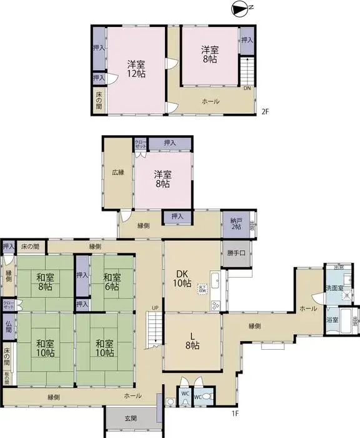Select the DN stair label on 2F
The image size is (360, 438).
point(247,88)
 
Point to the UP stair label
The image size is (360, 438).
point(154,307)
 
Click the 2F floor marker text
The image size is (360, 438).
point(265,113)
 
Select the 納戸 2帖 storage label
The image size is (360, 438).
point(236,223)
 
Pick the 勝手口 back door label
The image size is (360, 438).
point(236,253)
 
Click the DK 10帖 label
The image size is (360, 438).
point(182,278)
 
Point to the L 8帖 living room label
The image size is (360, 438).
point(192,340)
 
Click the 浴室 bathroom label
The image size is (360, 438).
point(332,320)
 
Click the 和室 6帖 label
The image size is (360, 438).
point(112,282)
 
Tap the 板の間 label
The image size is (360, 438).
point(7,378)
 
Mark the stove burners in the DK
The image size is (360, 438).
point(216,305)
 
